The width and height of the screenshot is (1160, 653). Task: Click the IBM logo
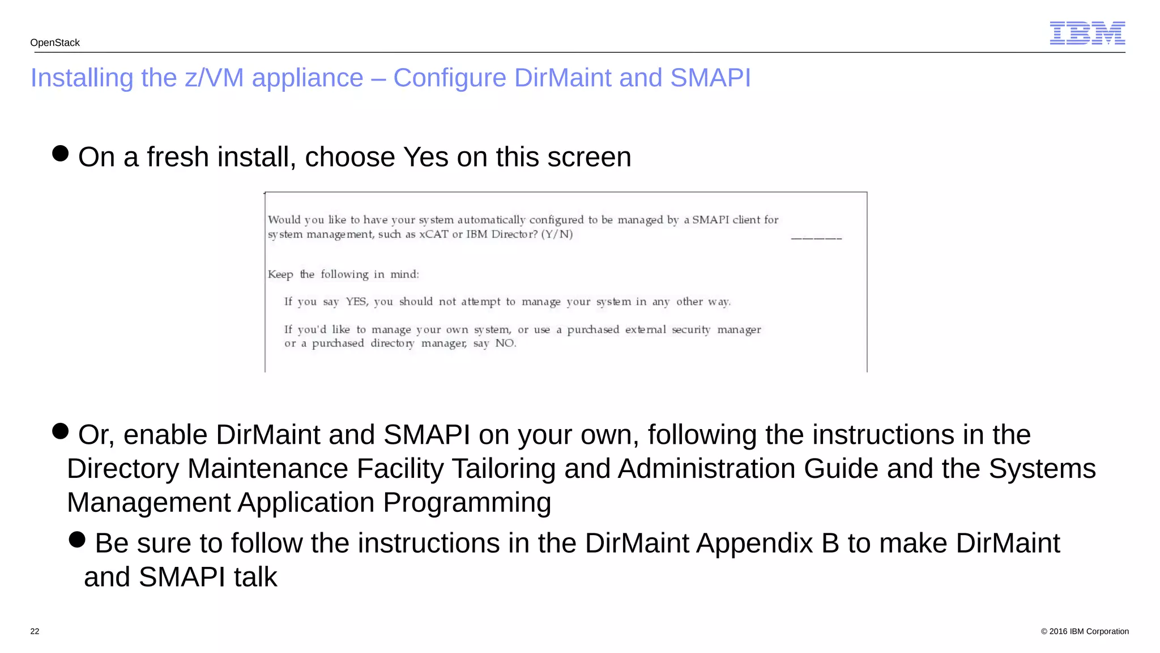coord(1087,33)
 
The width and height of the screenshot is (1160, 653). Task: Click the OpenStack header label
coord(55,43)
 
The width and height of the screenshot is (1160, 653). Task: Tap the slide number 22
coord(35,631)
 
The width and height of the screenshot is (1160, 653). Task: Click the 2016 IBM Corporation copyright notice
coord(1085,631)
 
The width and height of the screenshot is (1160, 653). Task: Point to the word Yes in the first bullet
coord(425,157)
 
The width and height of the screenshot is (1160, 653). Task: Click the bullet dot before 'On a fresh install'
coord(60,153)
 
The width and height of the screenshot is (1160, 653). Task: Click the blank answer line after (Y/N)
coord(816,238)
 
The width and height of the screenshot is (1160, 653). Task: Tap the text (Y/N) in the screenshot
coord(557,234)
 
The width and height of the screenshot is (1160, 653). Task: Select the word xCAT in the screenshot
coord(433,234)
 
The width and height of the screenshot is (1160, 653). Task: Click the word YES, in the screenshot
coord(357,302)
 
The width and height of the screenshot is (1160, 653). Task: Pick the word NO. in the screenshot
coord(505,343)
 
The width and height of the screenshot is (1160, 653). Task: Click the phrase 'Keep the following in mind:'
coord(343,274)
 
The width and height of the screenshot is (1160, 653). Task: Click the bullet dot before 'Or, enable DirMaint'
coord(60,431)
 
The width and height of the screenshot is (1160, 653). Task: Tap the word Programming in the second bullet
coord(467,503)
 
